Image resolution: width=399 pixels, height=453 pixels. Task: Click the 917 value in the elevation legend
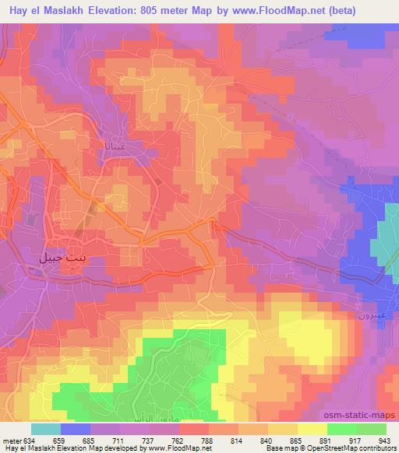[x=357, y=440]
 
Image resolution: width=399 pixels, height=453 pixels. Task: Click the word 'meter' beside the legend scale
[x=12, y=440]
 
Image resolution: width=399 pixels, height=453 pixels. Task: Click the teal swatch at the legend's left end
[x=45, y=429]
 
